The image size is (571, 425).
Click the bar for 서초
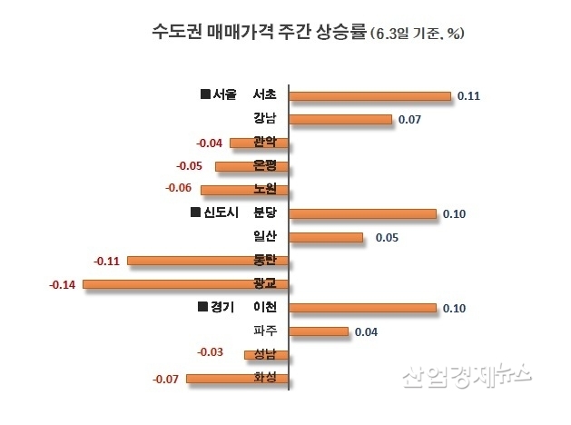(x=369, y=95)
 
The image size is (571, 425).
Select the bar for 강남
(x=340, y=119)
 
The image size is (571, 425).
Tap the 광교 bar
(x=185, y=284)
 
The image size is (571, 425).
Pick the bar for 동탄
(x=208, y=261)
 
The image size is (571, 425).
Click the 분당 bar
(x=362, y=213)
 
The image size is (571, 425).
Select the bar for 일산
(x=326, y=237)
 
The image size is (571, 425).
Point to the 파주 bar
(x=319, y=331)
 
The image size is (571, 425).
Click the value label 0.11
(x=468, y=95)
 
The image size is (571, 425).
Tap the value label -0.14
(x=62, y=285)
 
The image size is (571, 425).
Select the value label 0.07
(x=409, y=119)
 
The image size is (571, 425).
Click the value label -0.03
(x=211, y=352)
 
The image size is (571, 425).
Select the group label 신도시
(x=213, y=213)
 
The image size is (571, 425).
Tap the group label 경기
(x=216, y=308)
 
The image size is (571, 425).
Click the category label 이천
(x=265, y=308)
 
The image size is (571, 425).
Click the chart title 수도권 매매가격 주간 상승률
(x=258, y=32)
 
